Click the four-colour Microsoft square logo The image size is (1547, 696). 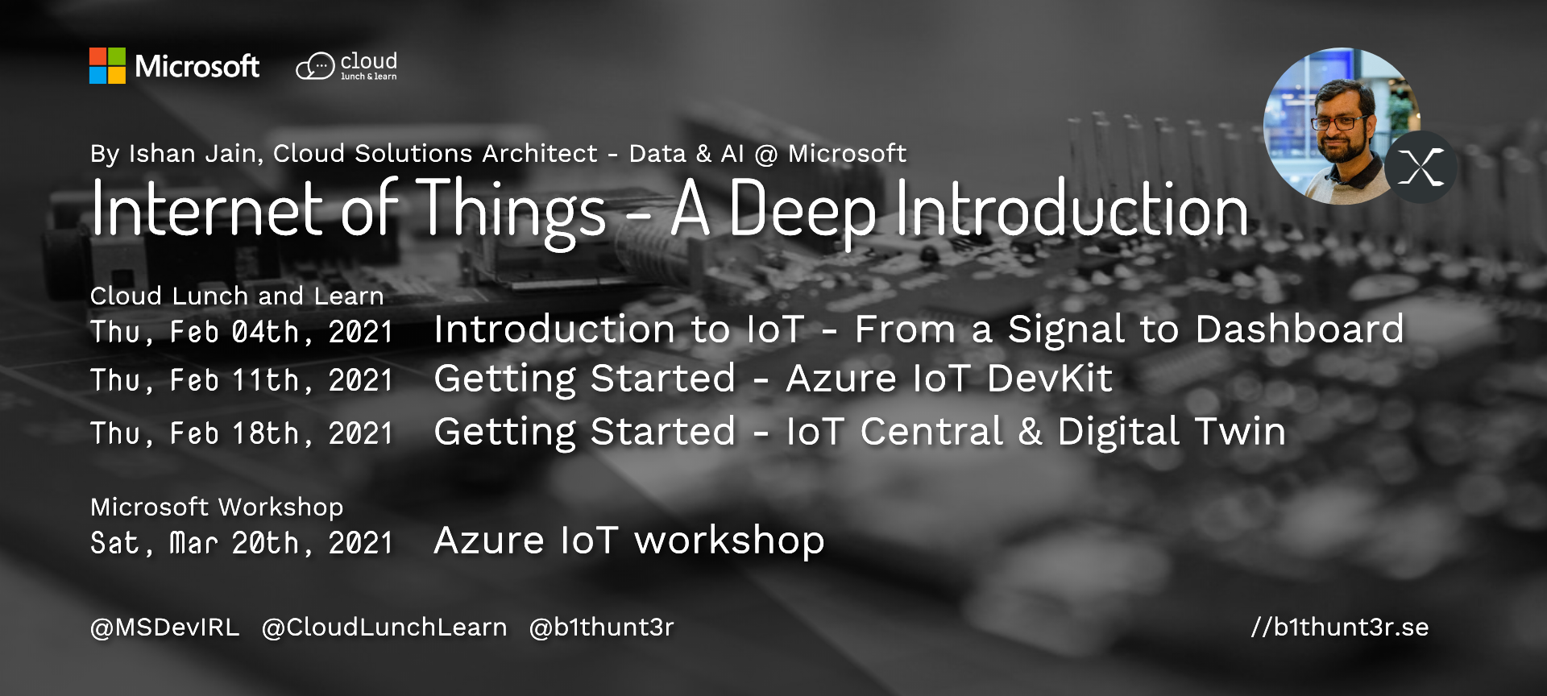tap(107, 65)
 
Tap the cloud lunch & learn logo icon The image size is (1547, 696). tap(315, 66)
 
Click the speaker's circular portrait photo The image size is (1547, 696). tap(1342, 126)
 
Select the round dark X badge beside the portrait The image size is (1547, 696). tap(1421, 167)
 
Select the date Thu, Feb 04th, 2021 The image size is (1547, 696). tap(242, 332)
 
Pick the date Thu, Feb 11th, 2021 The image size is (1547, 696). tap(242, 380)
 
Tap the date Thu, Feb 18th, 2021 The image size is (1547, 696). tap(242, 433)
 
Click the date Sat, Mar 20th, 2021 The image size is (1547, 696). tap(242, 543)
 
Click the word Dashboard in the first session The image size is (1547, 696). tap(1300, 329)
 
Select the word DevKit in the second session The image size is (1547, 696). tap(1050, 378)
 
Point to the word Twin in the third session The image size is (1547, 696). tap(1241, 431)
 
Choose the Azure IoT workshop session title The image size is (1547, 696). tap(629, 540)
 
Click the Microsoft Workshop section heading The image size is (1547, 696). tap(217, 507)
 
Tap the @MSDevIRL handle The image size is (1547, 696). tap(165, 627)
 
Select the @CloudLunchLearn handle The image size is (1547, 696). tap(384, 627)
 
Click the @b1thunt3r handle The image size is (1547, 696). tap(601, 627)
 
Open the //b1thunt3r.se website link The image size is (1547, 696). tap(1340, 627)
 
